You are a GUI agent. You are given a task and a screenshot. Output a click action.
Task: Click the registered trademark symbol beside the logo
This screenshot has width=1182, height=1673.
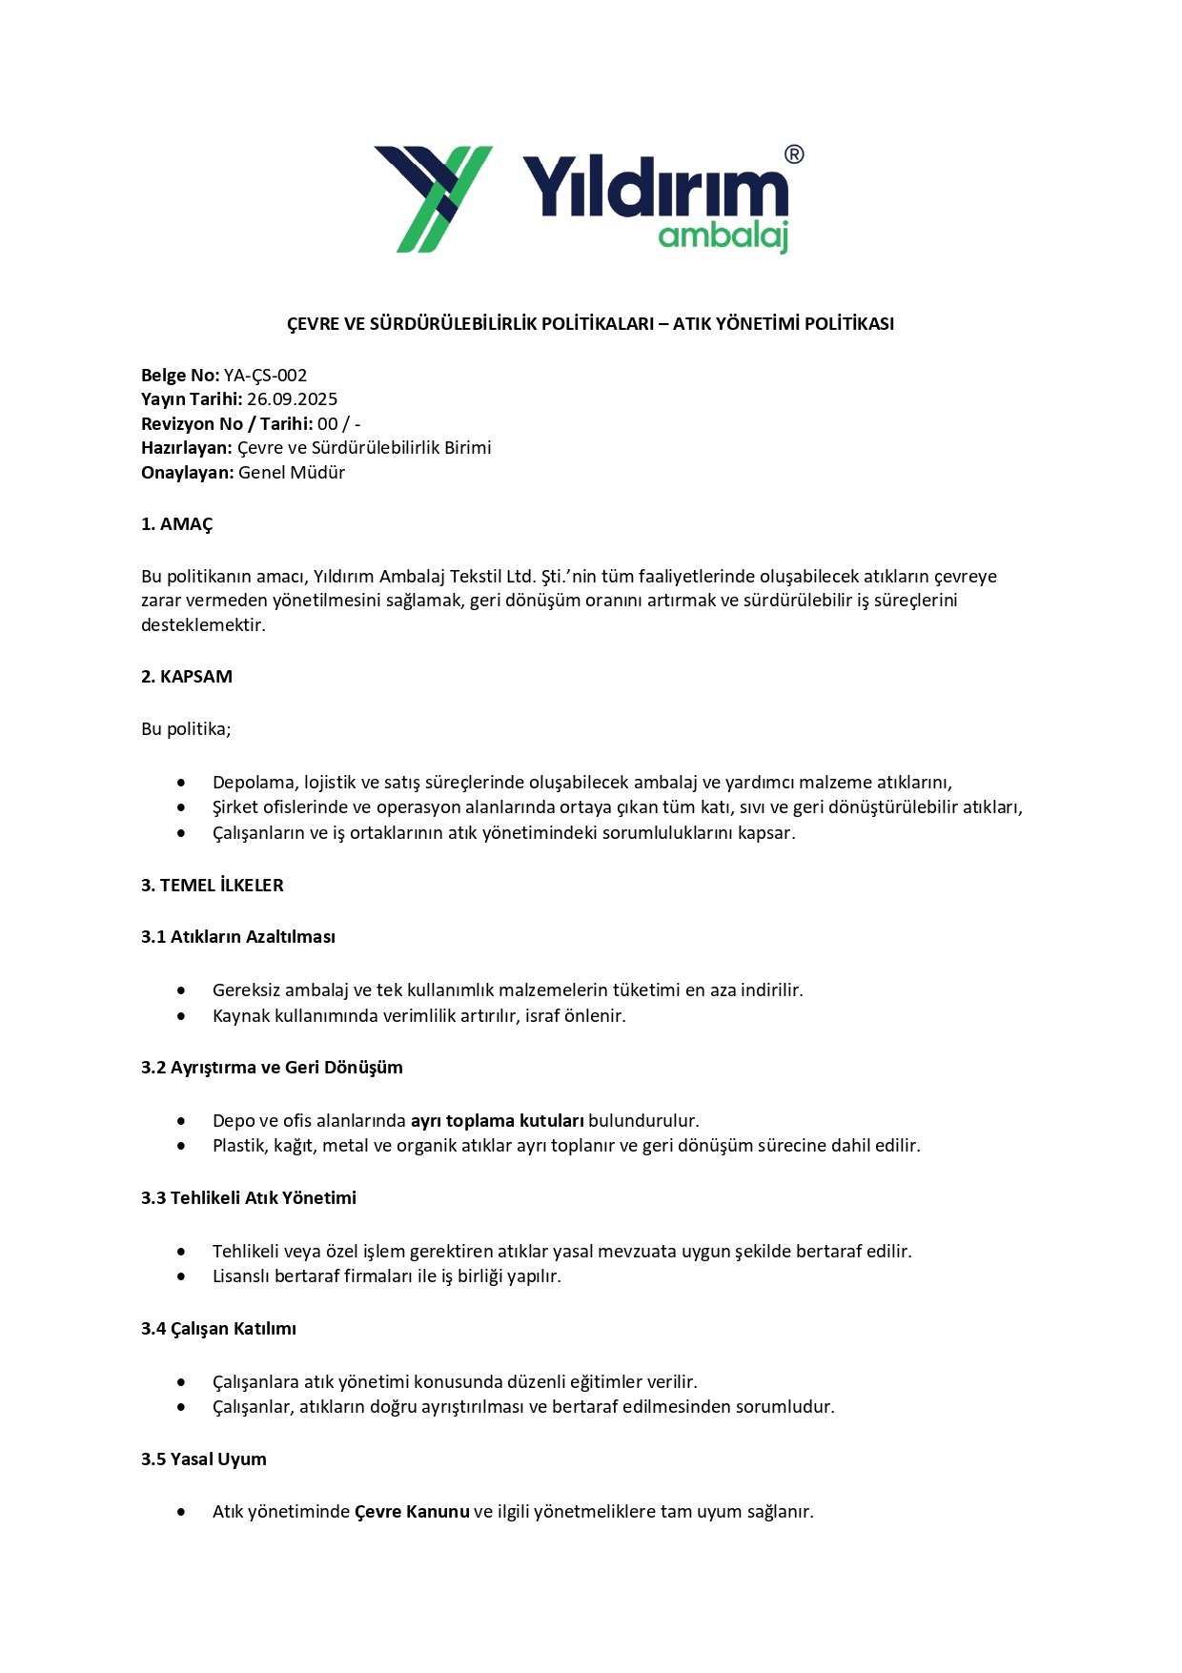pyautogui.click(x=793, y=154)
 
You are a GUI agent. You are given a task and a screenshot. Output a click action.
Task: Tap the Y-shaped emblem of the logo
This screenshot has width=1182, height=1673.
pyautogui.click(x=434, y=198)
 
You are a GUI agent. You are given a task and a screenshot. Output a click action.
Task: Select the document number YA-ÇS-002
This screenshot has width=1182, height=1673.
pyautogui.click(x=265, y=376)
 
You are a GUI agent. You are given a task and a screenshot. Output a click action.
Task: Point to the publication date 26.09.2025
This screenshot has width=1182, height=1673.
pyautogui.click(x=292, y=399)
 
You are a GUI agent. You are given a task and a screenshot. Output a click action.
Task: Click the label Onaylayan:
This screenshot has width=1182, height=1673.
pyautogui.click(x=187, y=473)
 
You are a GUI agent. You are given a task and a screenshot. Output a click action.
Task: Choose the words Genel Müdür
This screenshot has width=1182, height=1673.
pyautogui.click(x=292, y=473)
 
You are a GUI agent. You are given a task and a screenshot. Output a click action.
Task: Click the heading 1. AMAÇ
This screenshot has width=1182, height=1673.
pyautogui.click(x=177, y=524)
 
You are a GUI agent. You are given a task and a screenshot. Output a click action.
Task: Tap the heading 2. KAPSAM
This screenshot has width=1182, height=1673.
pyautogui.click(x=187, y=677)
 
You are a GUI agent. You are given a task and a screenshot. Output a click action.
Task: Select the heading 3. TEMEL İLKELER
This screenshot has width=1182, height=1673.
pyautogui.click(x=213, y=886)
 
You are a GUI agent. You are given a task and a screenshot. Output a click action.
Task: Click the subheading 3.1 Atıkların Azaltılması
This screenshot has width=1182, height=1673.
pyautogui.click(x=238, y=937)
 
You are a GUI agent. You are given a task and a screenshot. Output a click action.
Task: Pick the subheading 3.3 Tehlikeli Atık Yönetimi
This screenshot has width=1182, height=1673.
pyautogui.click(x=249, y=1198)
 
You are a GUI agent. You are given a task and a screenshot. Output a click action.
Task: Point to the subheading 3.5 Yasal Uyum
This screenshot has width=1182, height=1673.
pyautogui.click(x=204, y=1459)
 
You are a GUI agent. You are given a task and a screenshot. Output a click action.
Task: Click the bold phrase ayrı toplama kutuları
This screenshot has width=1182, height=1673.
pyautogui.click(x=497, y=1121)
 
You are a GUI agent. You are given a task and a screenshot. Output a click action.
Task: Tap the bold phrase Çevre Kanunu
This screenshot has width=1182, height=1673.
pyautogui.click(x=412, y=1512)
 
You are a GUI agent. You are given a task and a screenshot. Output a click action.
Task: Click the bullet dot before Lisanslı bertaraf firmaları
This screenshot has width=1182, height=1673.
pyautogui.click(x=181, y=1276)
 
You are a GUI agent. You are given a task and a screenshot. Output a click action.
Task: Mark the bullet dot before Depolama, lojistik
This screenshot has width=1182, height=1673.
pyautogui.click(x=181, y=783)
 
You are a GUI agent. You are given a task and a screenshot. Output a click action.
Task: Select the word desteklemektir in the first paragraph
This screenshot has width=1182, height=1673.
pyautogui.click(x=201, y=625)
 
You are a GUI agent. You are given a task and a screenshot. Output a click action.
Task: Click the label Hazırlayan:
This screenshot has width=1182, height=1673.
pyautogui.click(x=187, y=448)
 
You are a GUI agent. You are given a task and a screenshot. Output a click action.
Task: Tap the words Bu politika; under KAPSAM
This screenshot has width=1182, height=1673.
pyautogui.click(x=186, y=729)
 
